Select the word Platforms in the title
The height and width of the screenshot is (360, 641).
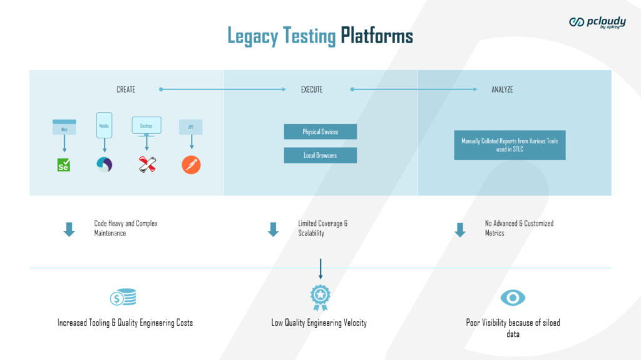click(377, 36)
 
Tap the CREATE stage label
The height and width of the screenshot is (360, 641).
click(126, 90)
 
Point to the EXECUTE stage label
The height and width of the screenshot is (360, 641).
click(312, 90)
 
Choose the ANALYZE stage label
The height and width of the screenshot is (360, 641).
click(502, 90)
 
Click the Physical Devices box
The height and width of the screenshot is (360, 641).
click(320, 132)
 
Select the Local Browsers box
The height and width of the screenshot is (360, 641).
click(320, 155)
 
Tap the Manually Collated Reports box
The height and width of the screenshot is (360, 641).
click(510, 145)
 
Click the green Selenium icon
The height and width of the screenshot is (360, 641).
click(64, 165)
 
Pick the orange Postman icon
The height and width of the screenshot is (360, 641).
click(191, 165)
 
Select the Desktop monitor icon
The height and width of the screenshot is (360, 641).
click(146, 126)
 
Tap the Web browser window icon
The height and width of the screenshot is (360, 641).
click(64, 127)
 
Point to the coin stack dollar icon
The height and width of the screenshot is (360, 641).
click(123, 298)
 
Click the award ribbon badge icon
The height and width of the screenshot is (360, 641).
click(320, 297)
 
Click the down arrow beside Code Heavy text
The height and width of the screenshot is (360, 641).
click(69, 230)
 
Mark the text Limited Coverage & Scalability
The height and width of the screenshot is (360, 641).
click(322, 228)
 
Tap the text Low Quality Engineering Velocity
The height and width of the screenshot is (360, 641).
click(319, 323)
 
